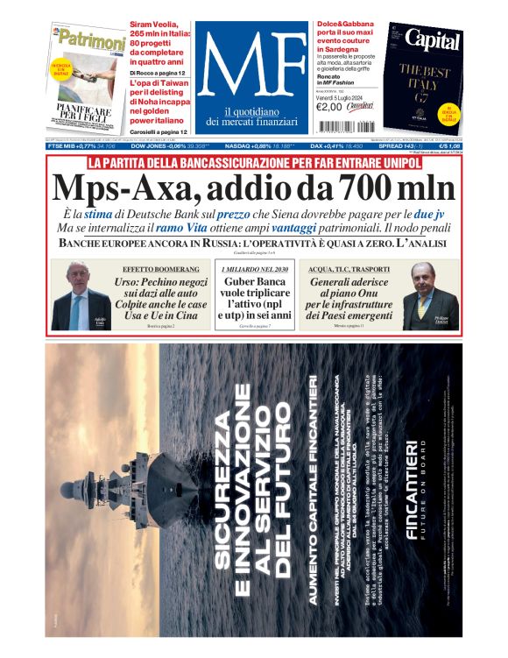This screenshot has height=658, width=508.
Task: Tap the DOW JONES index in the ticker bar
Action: click(x=171, y=145)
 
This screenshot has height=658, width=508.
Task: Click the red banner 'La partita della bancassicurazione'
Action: click(x=253, y=163)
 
